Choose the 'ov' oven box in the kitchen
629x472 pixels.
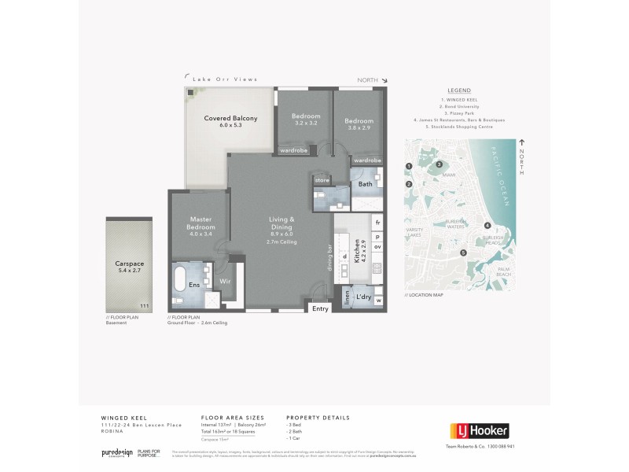377,246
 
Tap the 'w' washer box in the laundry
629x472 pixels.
378,300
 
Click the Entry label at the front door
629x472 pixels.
320,309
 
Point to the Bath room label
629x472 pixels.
365,184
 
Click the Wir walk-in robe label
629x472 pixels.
223,280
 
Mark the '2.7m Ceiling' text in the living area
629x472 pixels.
281,242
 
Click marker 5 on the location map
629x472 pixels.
464,253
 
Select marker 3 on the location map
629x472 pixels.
439,164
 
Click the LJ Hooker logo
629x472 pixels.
479,430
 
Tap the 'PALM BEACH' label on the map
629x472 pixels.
504,271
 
